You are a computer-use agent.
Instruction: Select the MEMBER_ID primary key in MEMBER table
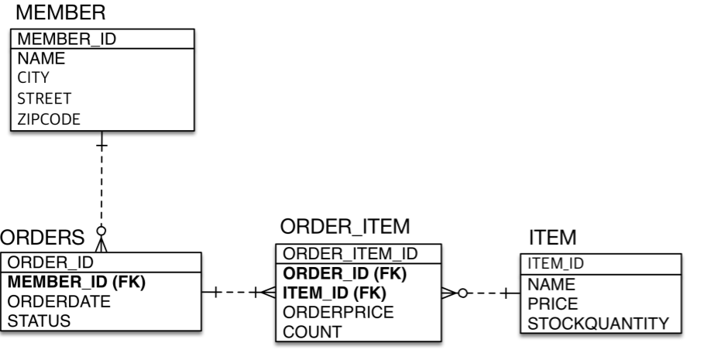coord(67,39)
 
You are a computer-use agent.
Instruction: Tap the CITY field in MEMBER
coord(33,77)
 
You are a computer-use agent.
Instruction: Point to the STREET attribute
coord(44,98)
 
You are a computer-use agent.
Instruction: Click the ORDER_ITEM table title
coord(344,226)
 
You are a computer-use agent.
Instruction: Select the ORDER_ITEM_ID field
coord(351,254)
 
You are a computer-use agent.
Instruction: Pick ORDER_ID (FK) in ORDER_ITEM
coord(345,273)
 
